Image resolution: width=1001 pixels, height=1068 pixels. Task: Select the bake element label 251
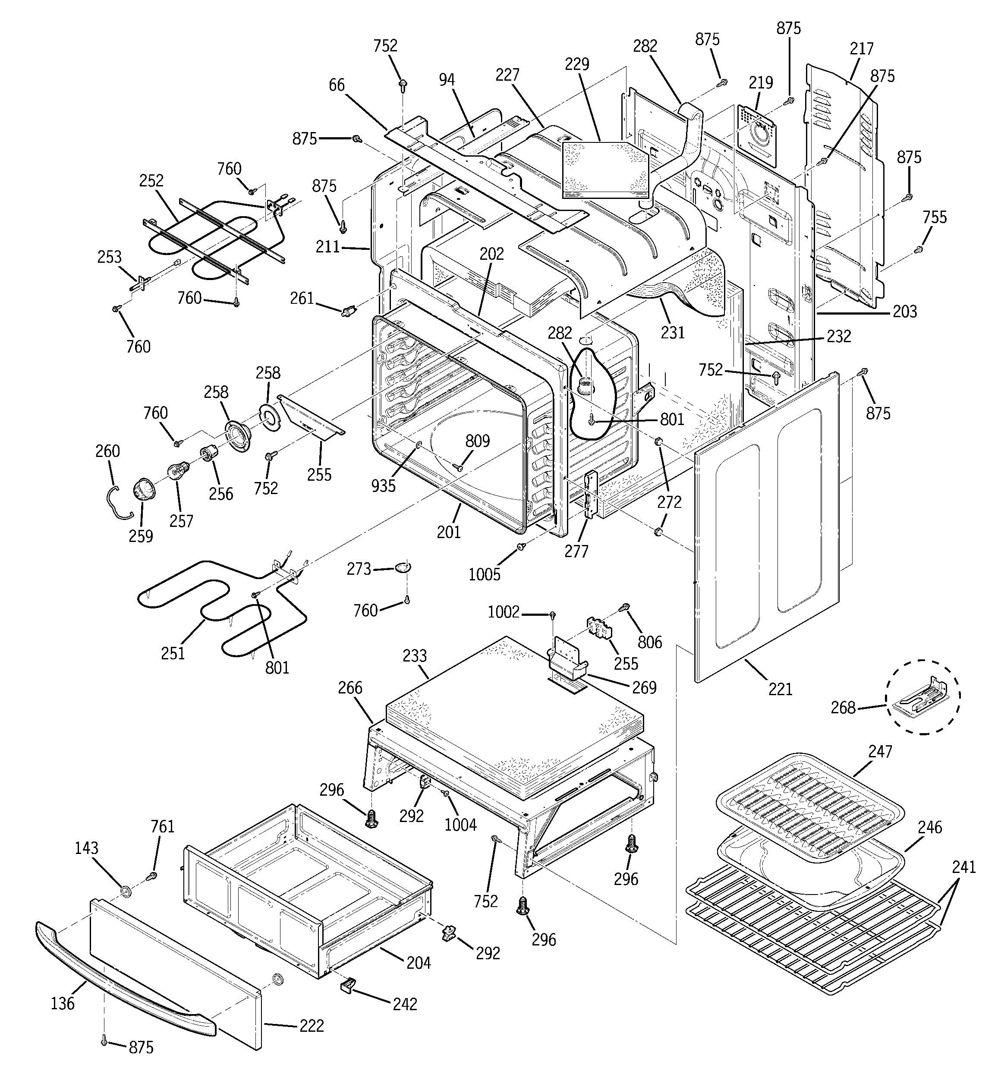point(173,653)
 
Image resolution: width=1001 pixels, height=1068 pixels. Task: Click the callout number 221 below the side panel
point(780,689)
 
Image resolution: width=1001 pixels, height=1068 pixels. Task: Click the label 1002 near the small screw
point(504,612)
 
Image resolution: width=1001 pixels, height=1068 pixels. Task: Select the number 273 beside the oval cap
point(359,568)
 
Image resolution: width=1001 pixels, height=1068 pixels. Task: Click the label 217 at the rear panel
point(862,49)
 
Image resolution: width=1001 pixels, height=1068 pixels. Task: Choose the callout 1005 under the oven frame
point(484,574)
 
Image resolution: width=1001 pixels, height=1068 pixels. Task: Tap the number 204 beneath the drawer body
point(419,963)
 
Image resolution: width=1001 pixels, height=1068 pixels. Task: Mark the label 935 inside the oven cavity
point(383,485)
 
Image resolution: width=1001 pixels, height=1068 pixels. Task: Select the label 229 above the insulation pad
point(576,64)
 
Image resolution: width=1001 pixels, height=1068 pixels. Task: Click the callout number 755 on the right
point(935,217)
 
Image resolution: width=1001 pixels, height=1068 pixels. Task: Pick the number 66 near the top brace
point(337,85)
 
